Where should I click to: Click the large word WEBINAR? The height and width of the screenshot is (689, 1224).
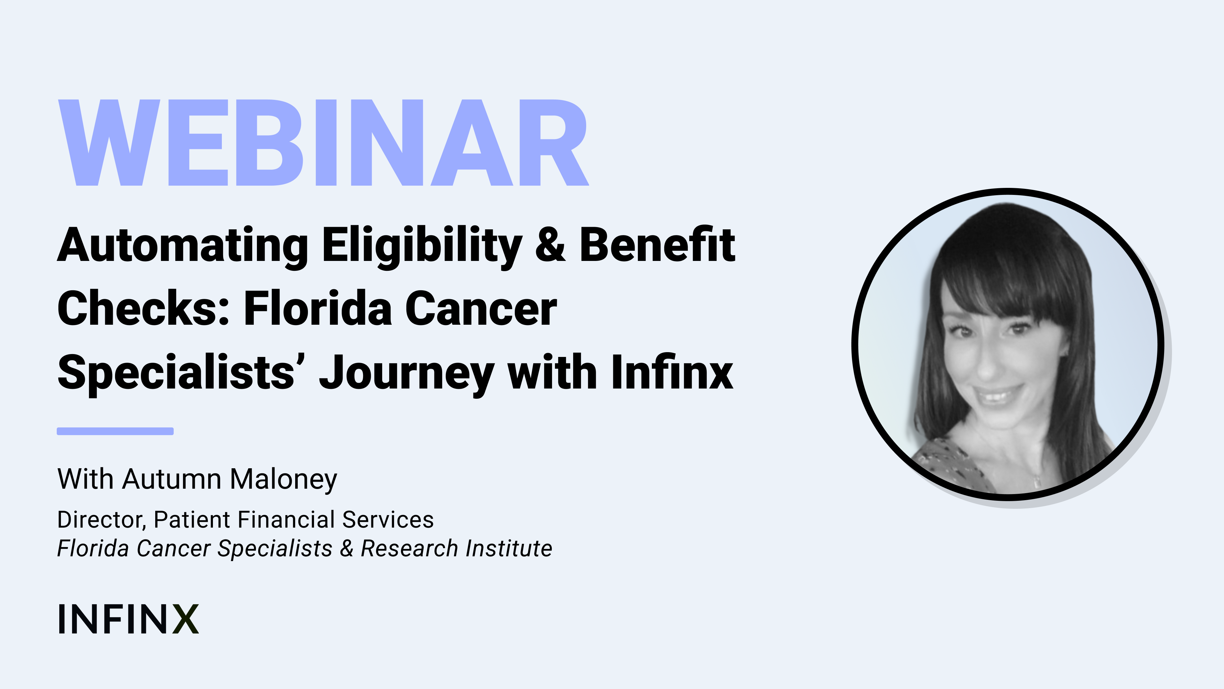[323, 143]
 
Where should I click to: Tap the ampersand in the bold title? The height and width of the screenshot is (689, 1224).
[550, 245]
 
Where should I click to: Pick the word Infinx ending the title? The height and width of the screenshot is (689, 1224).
[672, 371]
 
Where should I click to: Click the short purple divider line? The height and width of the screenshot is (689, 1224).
[115, 431]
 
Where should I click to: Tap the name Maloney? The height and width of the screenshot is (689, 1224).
[284, 480]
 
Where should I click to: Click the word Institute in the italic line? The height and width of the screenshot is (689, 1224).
[509, 548]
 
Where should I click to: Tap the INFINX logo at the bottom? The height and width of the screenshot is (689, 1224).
[128, 619]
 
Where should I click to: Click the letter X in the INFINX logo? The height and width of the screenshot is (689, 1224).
[185, 619]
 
